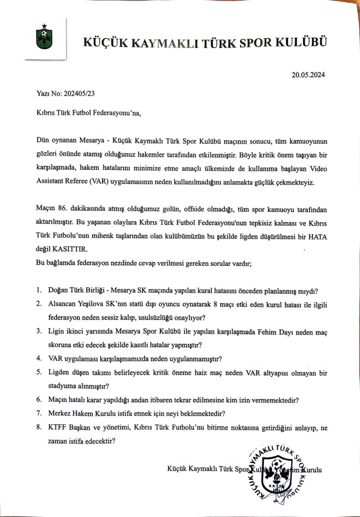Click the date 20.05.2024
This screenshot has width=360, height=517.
308,75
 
